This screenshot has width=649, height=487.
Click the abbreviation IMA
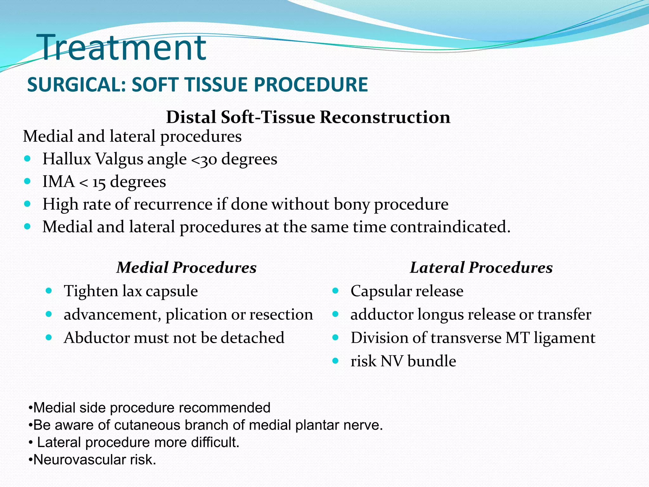(58, 182)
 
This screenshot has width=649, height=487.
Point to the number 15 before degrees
(99, 183)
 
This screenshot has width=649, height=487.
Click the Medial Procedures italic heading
(186, 267)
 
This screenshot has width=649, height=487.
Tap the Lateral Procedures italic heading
(481, 267)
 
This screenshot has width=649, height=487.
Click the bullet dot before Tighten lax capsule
(48, 290)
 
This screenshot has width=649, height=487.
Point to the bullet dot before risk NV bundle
(336, 361)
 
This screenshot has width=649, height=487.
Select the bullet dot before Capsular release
(336, 290)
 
